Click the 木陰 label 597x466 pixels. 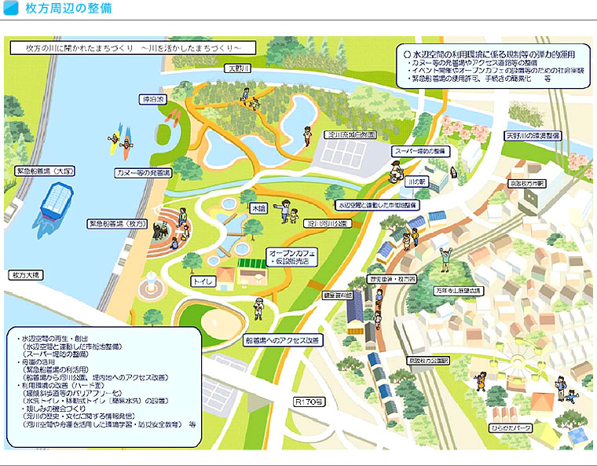click(258, 210)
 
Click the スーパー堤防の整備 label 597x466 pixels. click(419, 150)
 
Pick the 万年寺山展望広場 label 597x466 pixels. click(460, 290)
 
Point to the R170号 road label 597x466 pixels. click(307, 402)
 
